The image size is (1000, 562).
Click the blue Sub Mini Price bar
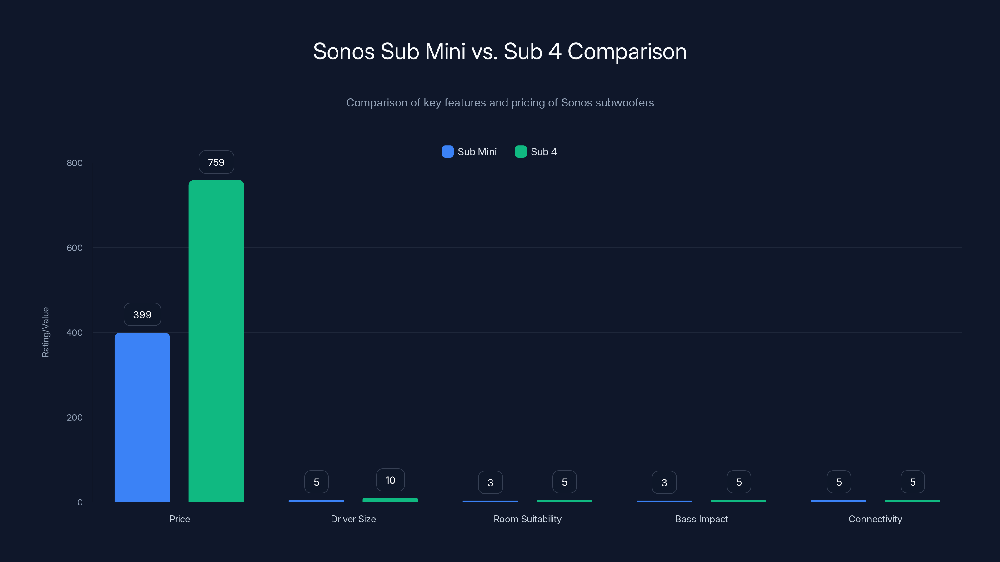[142, 417]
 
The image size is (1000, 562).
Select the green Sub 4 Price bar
[216, 341]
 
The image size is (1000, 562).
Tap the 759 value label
[216, 162]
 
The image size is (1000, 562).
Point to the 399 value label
[142, 314]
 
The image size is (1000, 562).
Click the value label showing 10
[390, 480]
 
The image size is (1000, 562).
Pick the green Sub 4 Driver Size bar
[390, 500]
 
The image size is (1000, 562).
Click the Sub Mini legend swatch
[447, 152]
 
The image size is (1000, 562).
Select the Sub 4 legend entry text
[543, 152]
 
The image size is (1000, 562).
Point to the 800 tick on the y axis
[75, 163]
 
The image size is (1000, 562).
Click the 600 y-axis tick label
[75, 248]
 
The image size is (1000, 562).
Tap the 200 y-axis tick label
[75, 417]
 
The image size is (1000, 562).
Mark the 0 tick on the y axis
[80, 502]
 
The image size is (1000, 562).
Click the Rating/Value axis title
[45, 332]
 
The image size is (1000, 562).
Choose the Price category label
[179, 519]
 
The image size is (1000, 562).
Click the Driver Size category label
[353, 519]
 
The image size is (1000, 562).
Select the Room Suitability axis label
[527, 519]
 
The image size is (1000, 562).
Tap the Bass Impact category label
[701, 519]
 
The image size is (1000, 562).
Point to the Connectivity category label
[875, 519]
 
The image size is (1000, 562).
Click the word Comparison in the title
[627, 52]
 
